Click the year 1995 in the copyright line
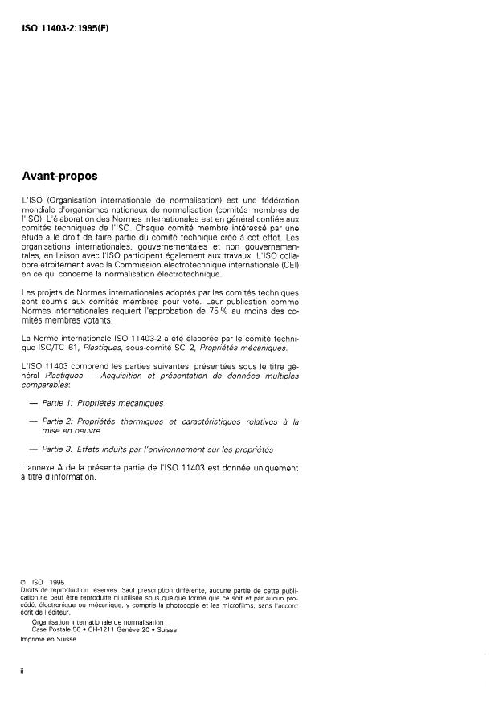click(x=56, y=581)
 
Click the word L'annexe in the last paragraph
click(x=39, y=466)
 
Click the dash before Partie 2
click(x=33, y=420)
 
